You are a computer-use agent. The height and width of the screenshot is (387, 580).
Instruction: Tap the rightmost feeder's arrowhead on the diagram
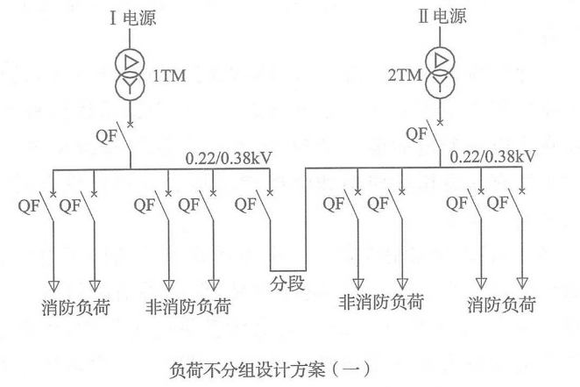[x=522, y=283]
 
